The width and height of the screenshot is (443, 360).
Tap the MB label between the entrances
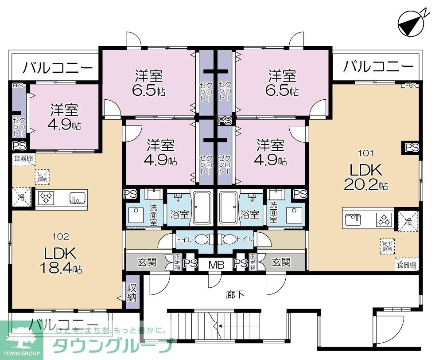pos(216,265)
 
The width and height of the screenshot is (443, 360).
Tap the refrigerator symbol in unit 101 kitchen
pos(407,220)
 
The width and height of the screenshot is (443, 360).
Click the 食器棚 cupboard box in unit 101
pos(406,265)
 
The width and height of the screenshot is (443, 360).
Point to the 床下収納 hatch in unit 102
pos(42,177)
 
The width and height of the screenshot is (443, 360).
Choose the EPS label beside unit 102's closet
pos(18,86)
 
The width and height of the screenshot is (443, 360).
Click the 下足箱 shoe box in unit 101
pos(253,262)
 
